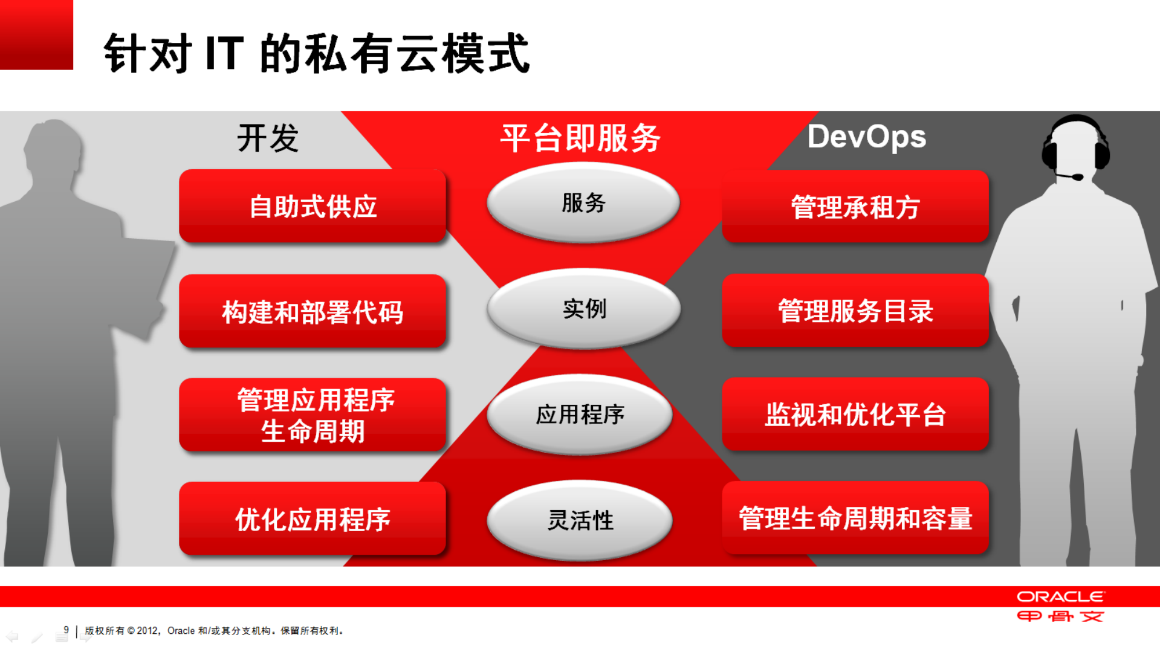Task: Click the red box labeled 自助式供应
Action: [313, 206]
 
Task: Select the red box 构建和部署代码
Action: [313, 311]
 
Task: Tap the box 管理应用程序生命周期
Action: [313, 415]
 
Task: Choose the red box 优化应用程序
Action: [313, 519]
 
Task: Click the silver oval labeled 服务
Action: [583, 203]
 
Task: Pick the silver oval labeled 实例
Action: [583, 309]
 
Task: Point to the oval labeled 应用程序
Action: [580, 415]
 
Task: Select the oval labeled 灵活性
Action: [580, 520]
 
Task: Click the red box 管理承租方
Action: [855, 207]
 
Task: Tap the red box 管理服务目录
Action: [855, 311]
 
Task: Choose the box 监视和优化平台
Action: [855, 415]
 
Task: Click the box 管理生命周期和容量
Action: [855, 518]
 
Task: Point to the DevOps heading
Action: [866, 137]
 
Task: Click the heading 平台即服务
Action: [580, 138]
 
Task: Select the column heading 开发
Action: [268, 138]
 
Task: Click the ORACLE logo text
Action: [1060, 597]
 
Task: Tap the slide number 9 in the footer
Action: [66, 630]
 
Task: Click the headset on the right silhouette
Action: [1076, 145]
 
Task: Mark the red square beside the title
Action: [36, 34]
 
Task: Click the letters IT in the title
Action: [225, 53]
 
